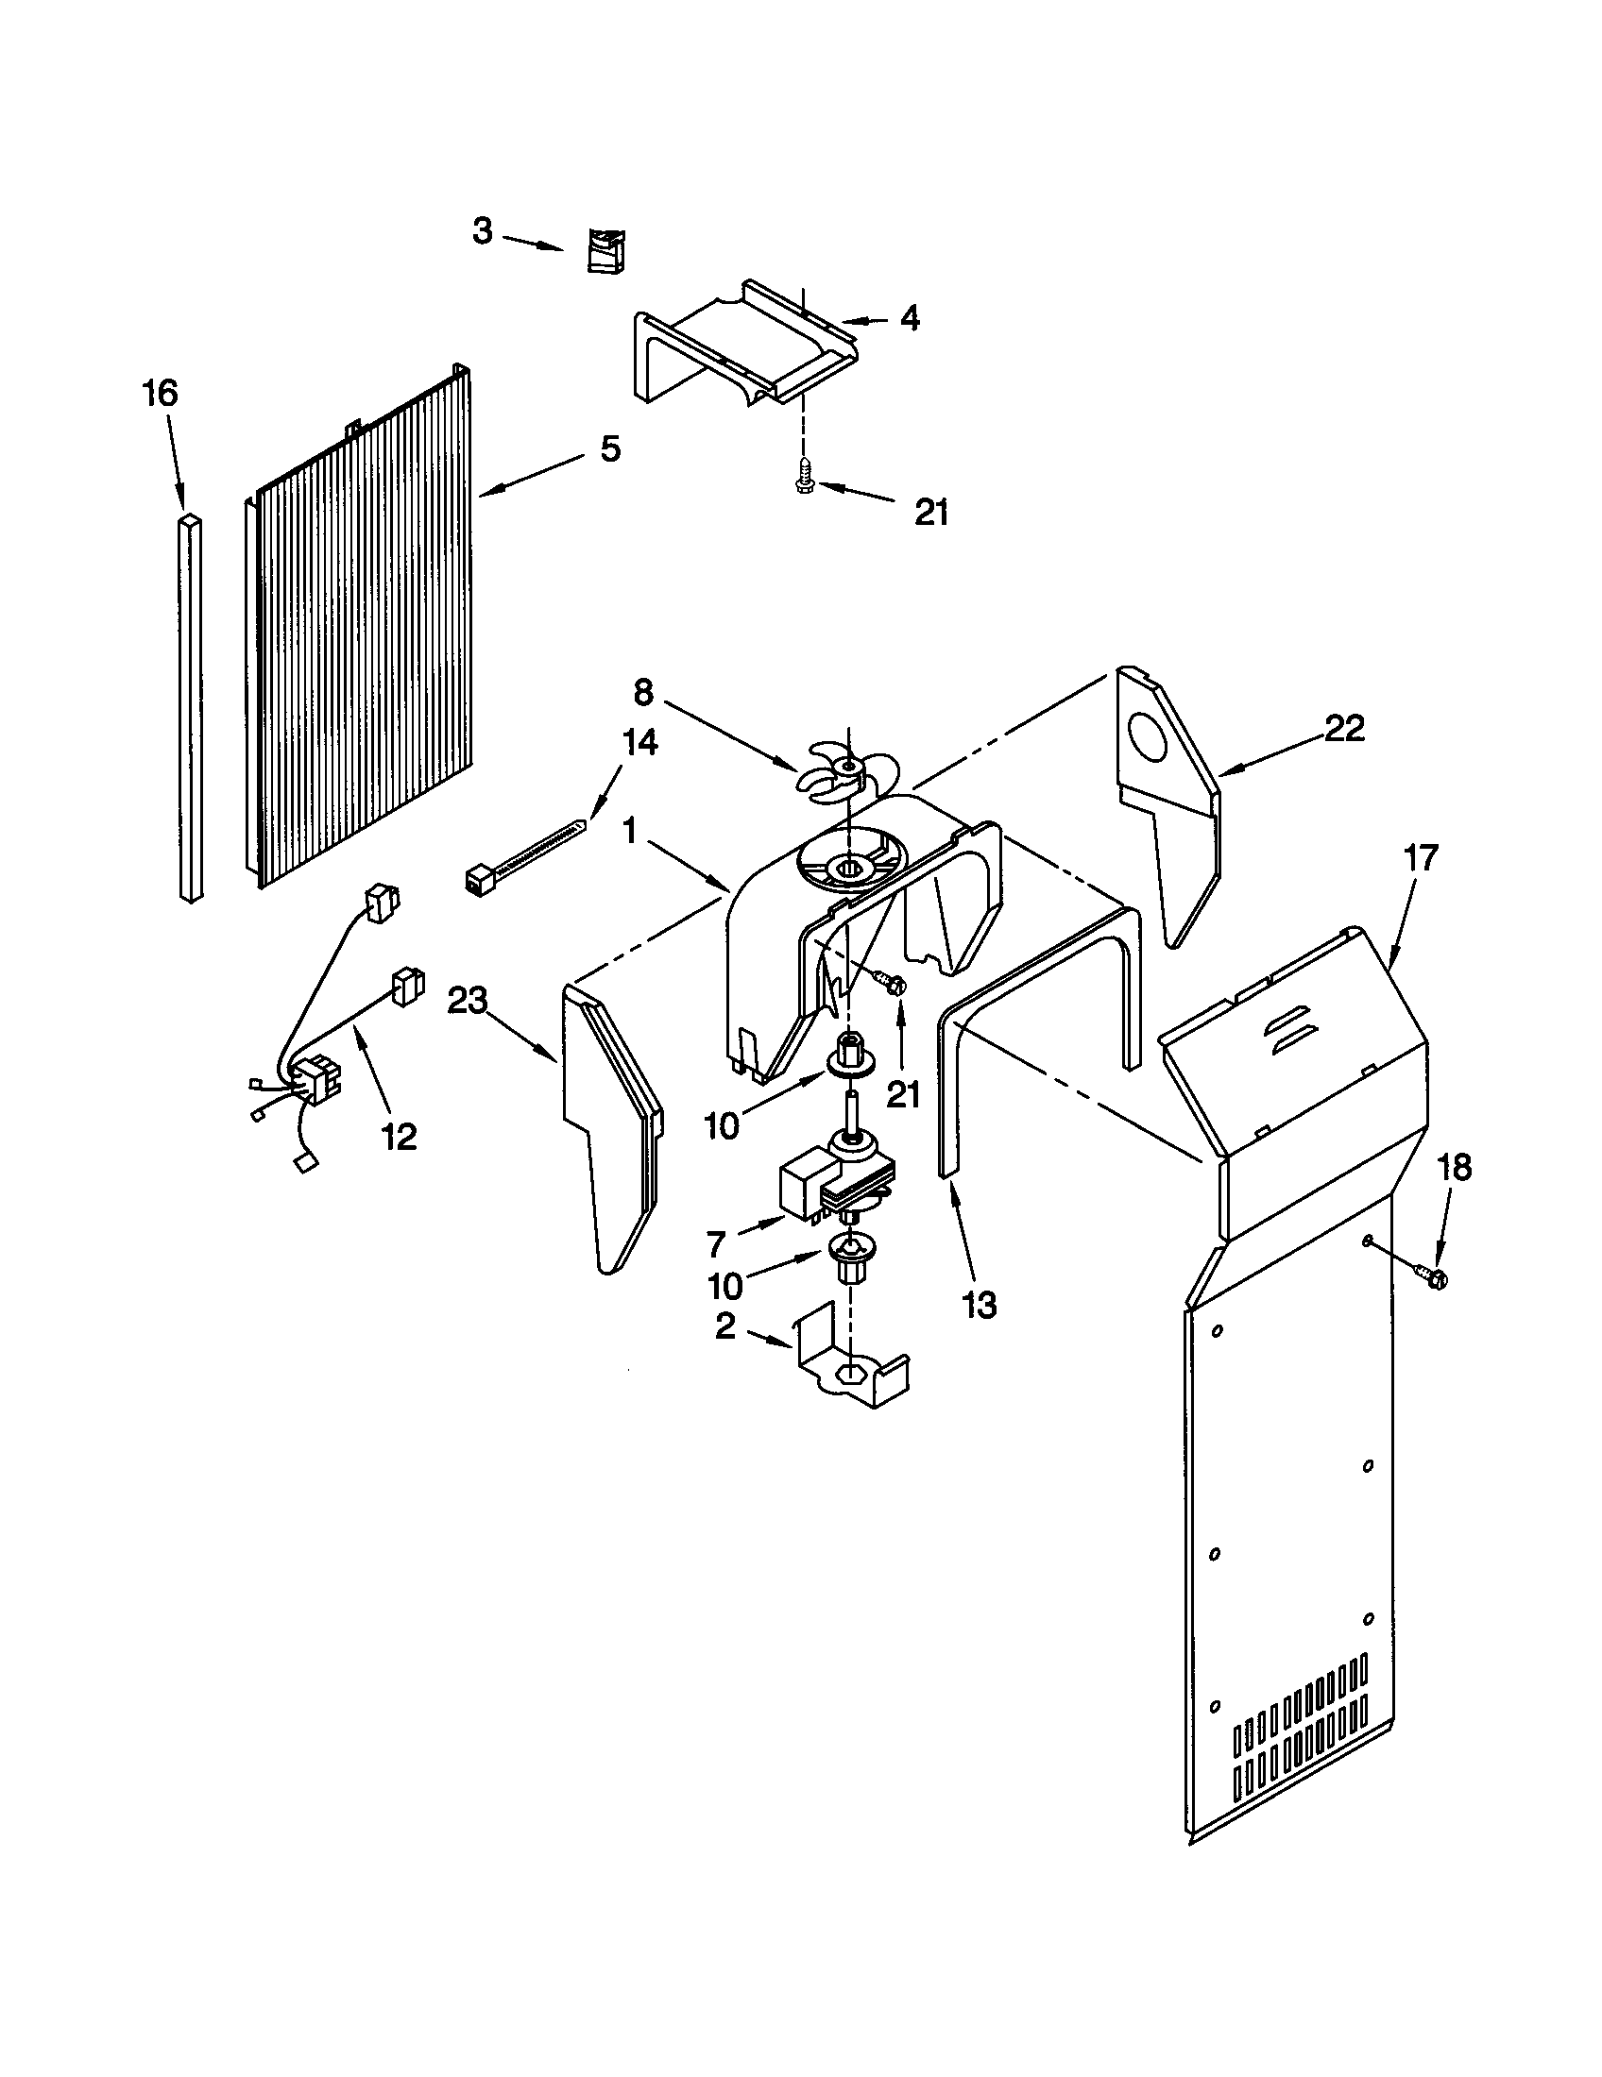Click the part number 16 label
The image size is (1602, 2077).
(x=160, y=393)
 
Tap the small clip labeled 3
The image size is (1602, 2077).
(x=604, y=252)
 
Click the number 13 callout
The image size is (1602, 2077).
(x=979, y=1305)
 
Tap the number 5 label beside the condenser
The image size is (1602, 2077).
(x=610, y=447)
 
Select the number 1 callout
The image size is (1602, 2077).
(x=629, y=831)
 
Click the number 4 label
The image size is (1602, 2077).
(x=910, y=318)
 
